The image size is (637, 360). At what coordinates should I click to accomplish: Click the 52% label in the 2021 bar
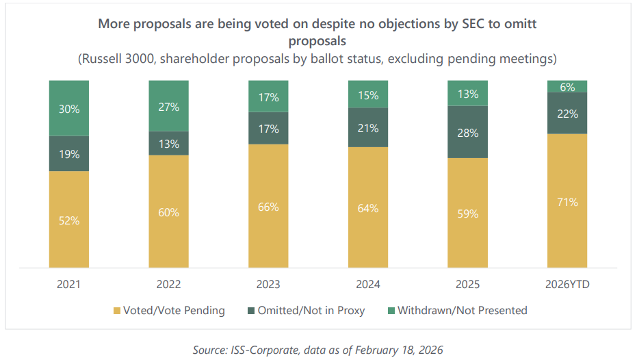[x=69, y=220]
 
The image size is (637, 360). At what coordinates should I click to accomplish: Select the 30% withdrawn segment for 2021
[x=69, y=108]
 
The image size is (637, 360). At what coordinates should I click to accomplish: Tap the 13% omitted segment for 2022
[x=169, y=144]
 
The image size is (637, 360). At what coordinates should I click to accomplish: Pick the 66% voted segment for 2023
[x=268, y=207]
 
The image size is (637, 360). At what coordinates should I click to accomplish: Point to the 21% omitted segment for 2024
[x=368, y=128]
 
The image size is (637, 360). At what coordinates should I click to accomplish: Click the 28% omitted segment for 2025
[x=467, y=132]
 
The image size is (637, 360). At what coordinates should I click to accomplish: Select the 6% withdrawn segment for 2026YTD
[x=567, y=86]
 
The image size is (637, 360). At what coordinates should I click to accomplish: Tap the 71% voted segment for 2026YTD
[x=567, y=202]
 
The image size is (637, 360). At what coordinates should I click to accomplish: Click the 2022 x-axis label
[x=169, y=284]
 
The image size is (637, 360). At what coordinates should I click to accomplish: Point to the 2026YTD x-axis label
[x=567, y=284]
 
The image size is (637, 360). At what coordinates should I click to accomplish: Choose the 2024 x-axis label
[x=368, y=284]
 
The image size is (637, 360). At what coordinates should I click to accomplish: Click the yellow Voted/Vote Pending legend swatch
[x=117, y=311]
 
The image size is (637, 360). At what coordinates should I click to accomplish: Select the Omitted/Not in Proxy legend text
[x=311, y=311]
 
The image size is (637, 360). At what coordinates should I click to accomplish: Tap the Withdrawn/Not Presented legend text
[x=463, y=311]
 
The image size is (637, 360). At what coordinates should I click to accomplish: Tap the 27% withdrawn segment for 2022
[x=169, y=106]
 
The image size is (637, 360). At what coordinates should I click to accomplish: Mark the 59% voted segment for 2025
[x=467, y=213]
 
